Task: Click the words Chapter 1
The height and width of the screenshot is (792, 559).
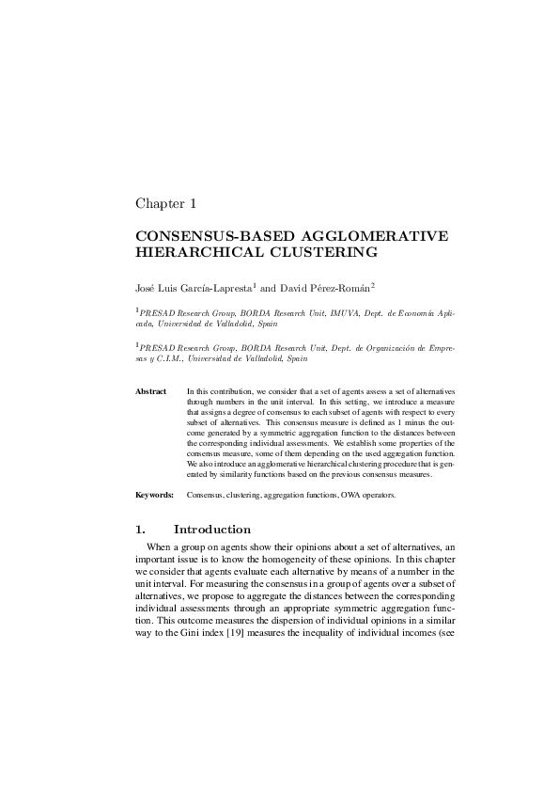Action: point(165,202)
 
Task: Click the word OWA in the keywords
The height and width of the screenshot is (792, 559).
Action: point(360,493)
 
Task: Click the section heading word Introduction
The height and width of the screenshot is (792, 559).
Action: point(212,530)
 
